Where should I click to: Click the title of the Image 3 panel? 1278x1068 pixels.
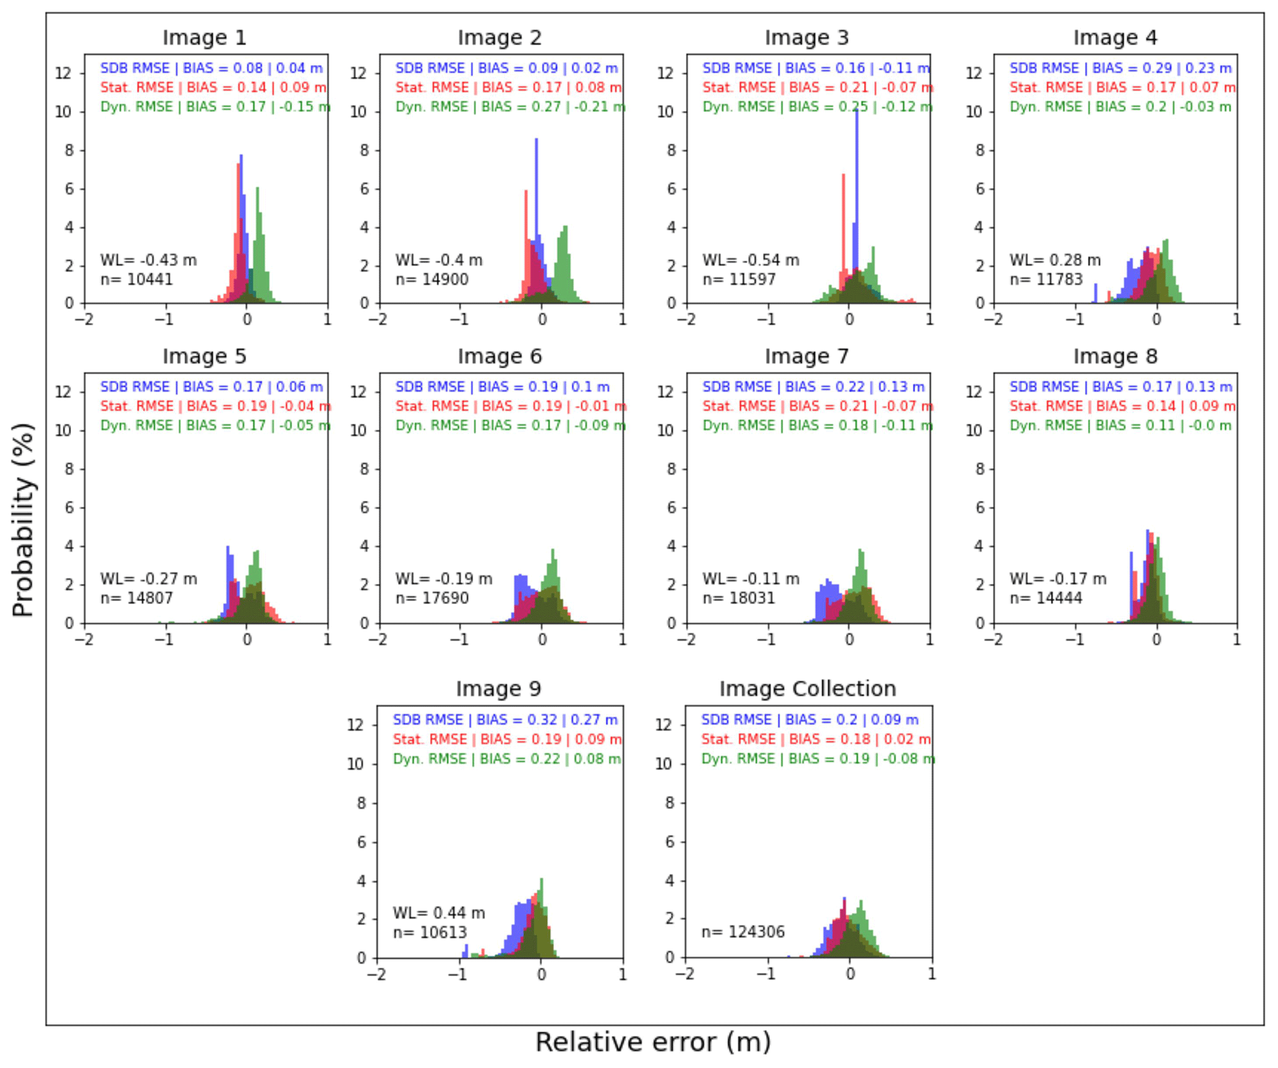806,38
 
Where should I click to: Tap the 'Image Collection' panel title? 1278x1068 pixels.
807,688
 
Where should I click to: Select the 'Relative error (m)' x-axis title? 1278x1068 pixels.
652,1042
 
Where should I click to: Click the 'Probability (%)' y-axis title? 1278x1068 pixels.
23,519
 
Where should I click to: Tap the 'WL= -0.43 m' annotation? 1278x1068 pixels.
148,260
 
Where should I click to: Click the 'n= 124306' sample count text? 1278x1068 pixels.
743,932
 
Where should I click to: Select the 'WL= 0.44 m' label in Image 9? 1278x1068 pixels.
438,913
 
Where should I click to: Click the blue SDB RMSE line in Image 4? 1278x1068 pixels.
1120,68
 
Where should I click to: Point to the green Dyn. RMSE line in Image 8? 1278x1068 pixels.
1120,425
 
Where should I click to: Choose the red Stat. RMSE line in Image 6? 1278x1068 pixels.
510,406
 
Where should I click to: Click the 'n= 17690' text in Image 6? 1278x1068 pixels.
432,598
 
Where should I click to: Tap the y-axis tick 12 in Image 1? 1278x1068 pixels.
63,73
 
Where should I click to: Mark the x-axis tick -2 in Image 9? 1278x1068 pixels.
376,975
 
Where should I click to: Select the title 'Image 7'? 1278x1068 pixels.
806,356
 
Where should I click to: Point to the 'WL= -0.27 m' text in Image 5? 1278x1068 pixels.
148,579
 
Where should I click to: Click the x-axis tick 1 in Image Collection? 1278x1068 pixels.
931,975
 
